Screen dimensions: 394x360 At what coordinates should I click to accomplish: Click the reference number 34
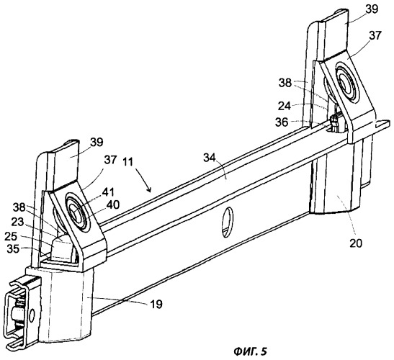click(210, 158)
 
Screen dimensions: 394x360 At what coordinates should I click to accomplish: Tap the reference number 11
click(128, 162)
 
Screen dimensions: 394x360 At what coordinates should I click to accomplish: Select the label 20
click(357, 243)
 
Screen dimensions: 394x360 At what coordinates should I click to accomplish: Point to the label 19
click(156, 305)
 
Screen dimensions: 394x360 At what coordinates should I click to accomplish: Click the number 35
click(13, 249)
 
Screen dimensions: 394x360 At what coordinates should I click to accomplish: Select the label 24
click(285, 107)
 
